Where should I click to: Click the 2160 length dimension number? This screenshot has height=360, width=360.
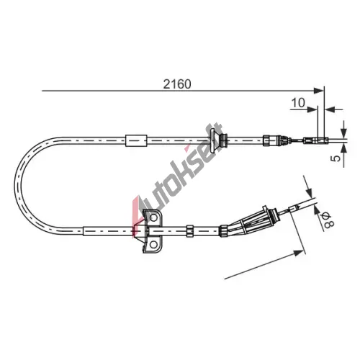point(177,84)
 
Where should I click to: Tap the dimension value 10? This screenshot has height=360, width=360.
point(298,103)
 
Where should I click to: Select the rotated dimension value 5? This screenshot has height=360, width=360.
point(336,158)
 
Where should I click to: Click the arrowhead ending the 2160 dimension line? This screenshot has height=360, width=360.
point(319,91)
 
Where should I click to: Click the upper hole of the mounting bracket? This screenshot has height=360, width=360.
point(153,217)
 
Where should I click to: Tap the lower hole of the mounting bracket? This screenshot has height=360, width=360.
point(153,245)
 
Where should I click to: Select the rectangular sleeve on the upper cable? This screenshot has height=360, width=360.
point(136,140)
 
